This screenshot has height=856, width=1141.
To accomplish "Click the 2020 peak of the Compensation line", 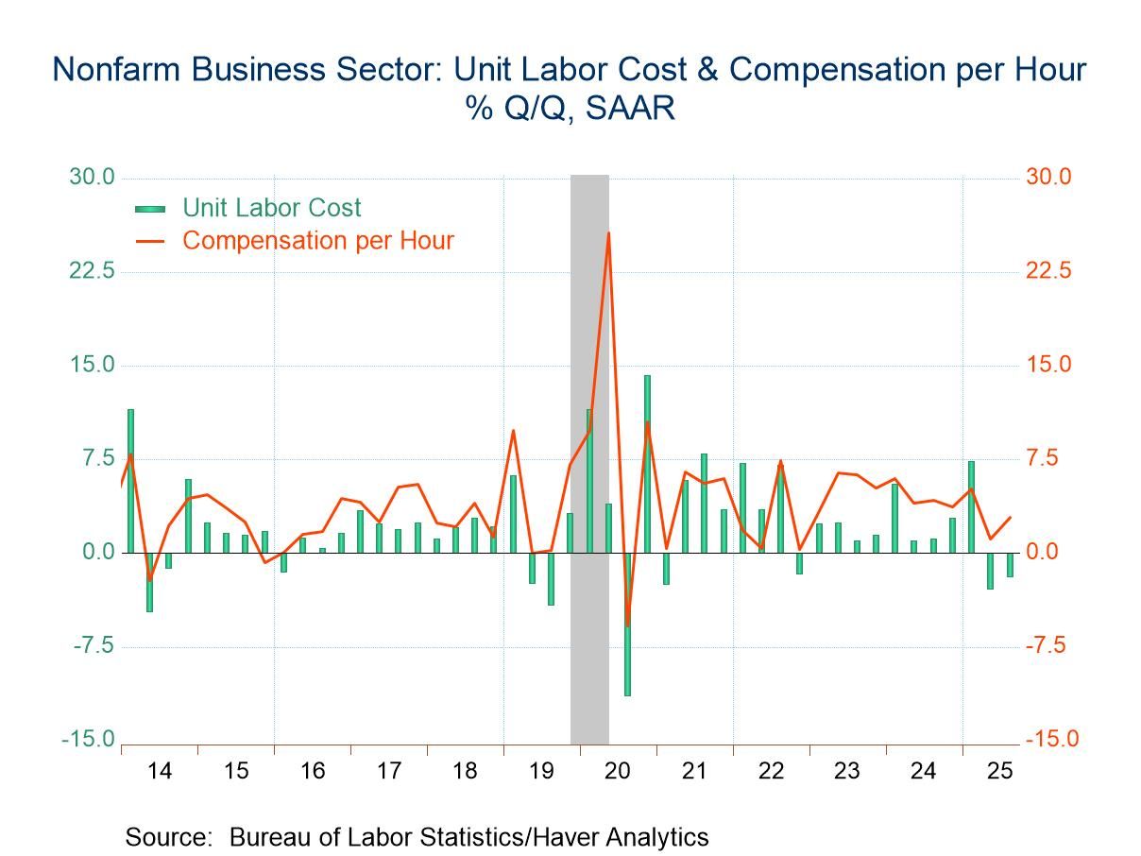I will [608, 233].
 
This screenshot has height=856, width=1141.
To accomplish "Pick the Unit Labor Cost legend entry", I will [271, 208].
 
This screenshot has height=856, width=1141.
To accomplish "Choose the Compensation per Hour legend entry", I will [317, 241].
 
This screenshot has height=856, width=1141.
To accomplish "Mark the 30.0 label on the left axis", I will [88, 178].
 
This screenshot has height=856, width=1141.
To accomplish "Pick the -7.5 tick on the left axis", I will [88, 646].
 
